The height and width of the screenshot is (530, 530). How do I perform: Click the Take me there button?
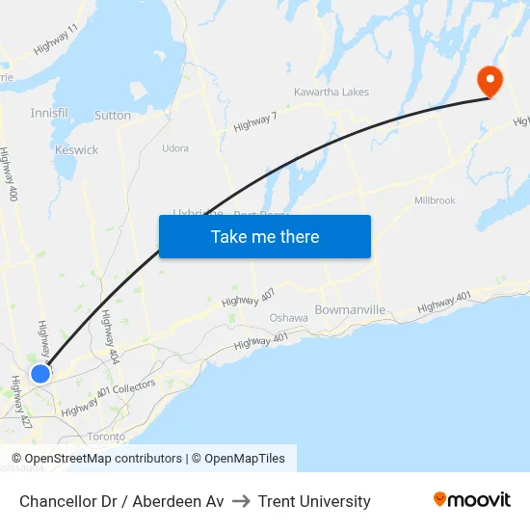265,237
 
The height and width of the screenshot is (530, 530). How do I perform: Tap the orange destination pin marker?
490,80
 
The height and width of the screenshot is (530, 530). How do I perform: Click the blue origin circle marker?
40,373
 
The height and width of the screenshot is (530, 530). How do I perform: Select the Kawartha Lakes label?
331,93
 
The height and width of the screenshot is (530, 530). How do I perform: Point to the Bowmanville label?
350,310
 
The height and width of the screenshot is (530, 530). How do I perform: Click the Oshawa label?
288,317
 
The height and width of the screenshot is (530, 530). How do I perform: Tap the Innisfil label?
49,114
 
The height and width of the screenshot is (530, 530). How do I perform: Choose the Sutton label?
113,116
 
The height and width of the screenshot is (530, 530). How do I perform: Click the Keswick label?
76,150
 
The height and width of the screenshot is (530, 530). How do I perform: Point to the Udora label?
175,148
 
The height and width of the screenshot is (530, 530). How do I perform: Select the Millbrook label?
435,200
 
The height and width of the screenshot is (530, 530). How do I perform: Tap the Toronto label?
106,436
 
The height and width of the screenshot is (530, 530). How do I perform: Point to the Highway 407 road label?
248,297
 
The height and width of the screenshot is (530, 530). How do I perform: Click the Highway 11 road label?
56,40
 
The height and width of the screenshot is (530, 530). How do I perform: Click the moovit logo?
472,500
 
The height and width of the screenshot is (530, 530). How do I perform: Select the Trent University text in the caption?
314,501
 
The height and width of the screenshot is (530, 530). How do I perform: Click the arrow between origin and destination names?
241,501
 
